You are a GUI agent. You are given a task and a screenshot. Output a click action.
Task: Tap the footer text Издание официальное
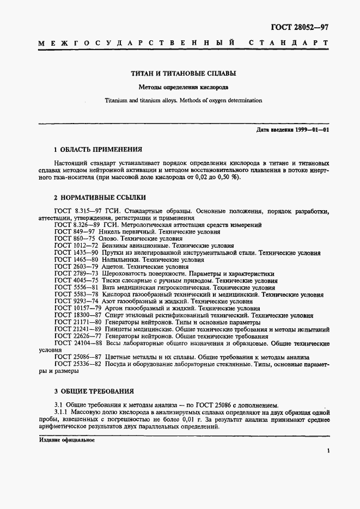(x=67, y=439)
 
